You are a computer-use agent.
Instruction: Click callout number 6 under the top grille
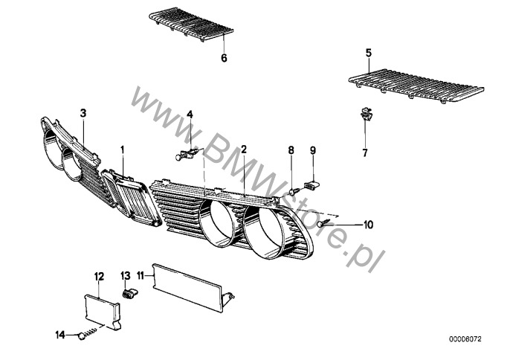[224, 58]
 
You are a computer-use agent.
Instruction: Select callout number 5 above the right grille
[368, 53]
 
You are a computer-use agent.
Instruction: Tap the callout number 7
[364, 152]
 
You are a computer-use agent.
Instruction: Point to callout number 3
[83, 113]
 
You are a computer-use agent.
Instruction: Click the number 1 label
[123, 150]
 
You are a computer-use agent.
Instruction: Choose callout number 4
[190, 115]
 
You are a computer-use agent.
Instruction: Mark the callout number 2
[244, 150]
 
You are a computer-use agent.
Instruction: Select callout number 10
[368, 225]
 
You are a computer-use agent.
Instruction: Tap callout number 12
[99, 277]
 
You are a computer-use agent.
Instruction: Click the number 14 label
[60, 335]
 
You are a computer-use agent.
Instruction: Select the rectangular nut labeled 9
[312, 185]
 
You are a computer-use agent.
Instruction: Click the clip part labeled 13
[130, 294]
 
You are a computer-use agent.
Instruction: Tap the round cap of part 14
[81, 336]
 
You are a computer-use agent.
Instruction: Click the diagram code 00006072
[465, 339]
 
